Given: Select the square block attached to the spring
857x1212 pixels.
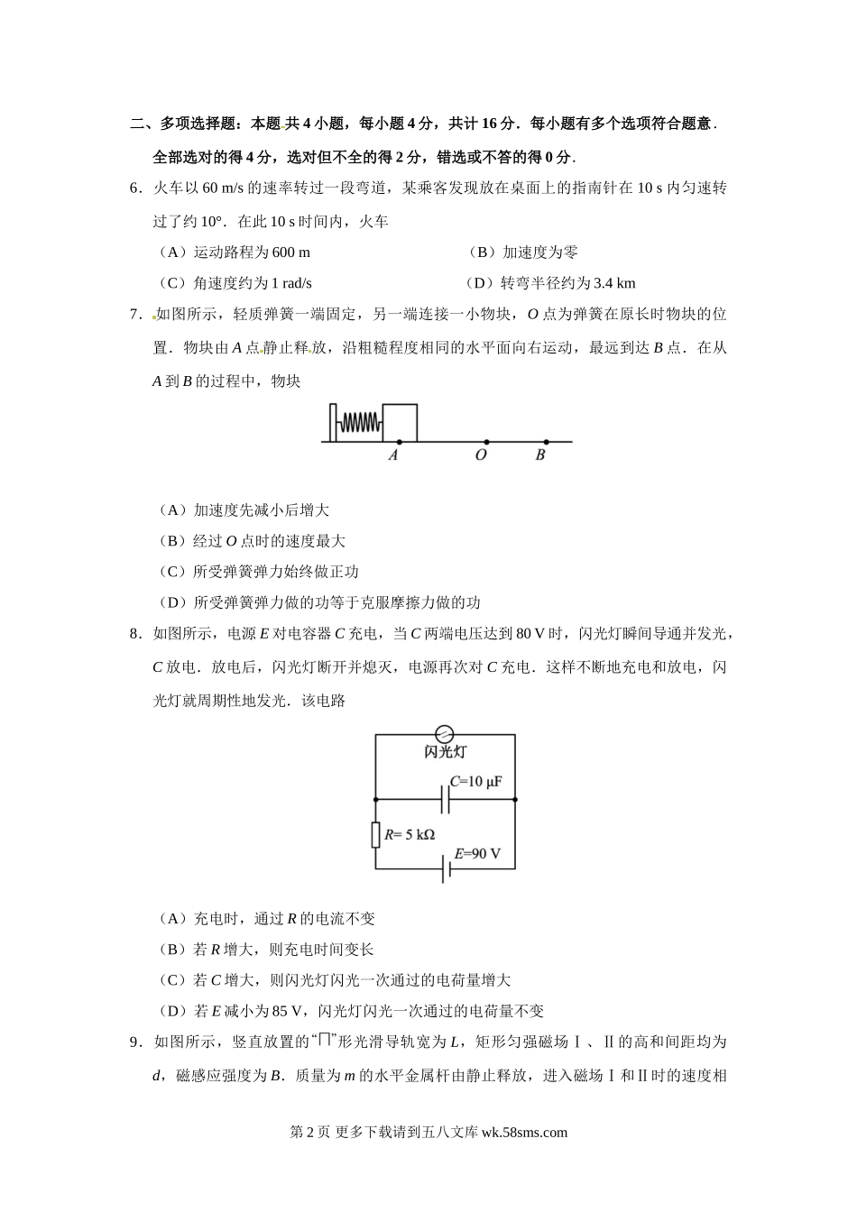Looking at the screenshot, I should pyautogui.click(x=400, y=423).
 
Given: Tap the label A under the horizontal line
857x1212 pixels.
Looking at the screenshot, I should pyautogui.click(x=393, y=455).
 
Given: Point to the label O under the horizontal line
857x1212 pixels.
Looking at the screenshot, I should pyautogui.click(x=481, y=455).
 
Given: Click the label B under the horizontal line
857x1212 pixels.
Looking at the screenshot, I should pyautogui.click(x=540, y=455).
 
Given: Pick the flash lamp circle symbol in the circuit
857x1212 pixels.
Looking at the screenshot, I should pyautogui.click(x=444, y=734).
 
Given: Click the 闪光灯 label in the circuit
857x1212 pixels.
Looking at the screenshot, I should pyautogui.click(x=445, y=751).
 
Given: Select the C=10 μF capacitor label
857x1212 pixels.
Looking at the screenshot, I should pyautogui.click(x=475, y=781).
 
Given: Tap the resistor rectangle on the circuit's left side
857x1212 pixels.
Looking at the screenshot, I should pyautogui.click(x=375, y=834).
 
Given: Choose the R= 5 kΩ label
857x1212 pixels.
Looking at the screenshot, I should pyautogui.click(x=410, y=835).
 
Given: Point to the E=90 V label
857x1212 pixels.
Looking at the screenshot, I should pyautogui.click(x=477, y=853).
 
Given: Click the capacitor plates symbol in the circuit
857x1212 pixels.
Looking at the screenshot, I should pyautogui.click(x=446, y=799).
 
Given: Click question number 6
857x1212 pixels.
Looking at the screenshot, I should pyautogui.click(x=136, y=188).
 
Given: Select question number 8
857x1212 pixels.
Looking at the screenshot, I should pyautogui.click(x=136, y=634).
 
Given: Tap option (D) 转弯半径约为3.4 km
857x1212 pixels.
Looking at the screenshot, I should pyautogui.click(x=550, y=283).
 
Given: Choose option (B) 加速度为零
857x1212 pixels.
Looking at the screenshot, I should pyautogui.click(x=523, y=252).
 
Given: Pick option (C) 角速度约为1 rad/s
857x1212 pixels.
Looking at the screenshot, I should pyautogui.click(x=234, y=283).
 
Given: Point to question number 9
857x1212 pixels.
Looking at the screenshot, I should pyautogui.click(x=136, y=1042).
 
